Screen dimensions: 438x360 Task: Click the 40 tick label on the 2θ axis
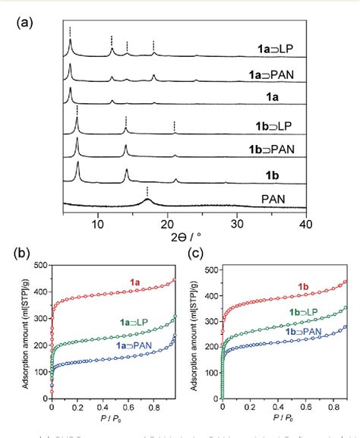coord(305,224)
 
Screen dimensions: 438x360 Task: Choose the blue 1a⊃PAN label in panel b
coord(138,345)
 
